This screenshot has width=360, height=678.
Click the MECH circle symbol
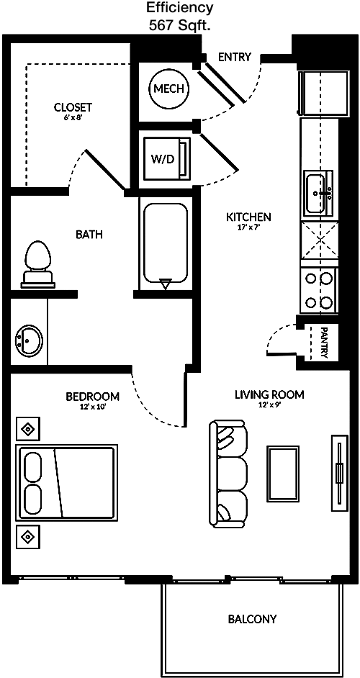click(168, 89)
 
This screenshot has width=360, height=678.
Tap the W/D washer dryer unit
click(167, 158)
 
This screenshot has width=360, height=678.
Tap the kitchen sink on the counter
click(319, 192)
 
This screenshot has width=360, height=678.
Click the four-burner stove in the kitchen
click(319, 290)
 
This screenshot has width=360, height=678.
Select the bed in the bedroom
click(67, 482)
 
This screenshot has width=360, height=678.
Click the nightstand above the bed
click(28, 429)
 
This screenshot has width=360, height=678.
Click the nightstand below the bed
click(28, 537)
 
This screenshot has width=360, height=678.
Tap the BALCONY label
click(252, 619)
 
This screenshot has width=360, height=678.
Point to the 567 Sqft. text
click(179, 25)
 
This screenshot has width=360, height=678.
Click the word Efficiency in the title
click(179, 8)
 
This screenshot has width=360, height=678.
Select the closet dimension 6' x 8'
click(73, 117)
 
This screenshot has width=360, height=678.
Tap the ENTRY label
click(235, 57)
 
